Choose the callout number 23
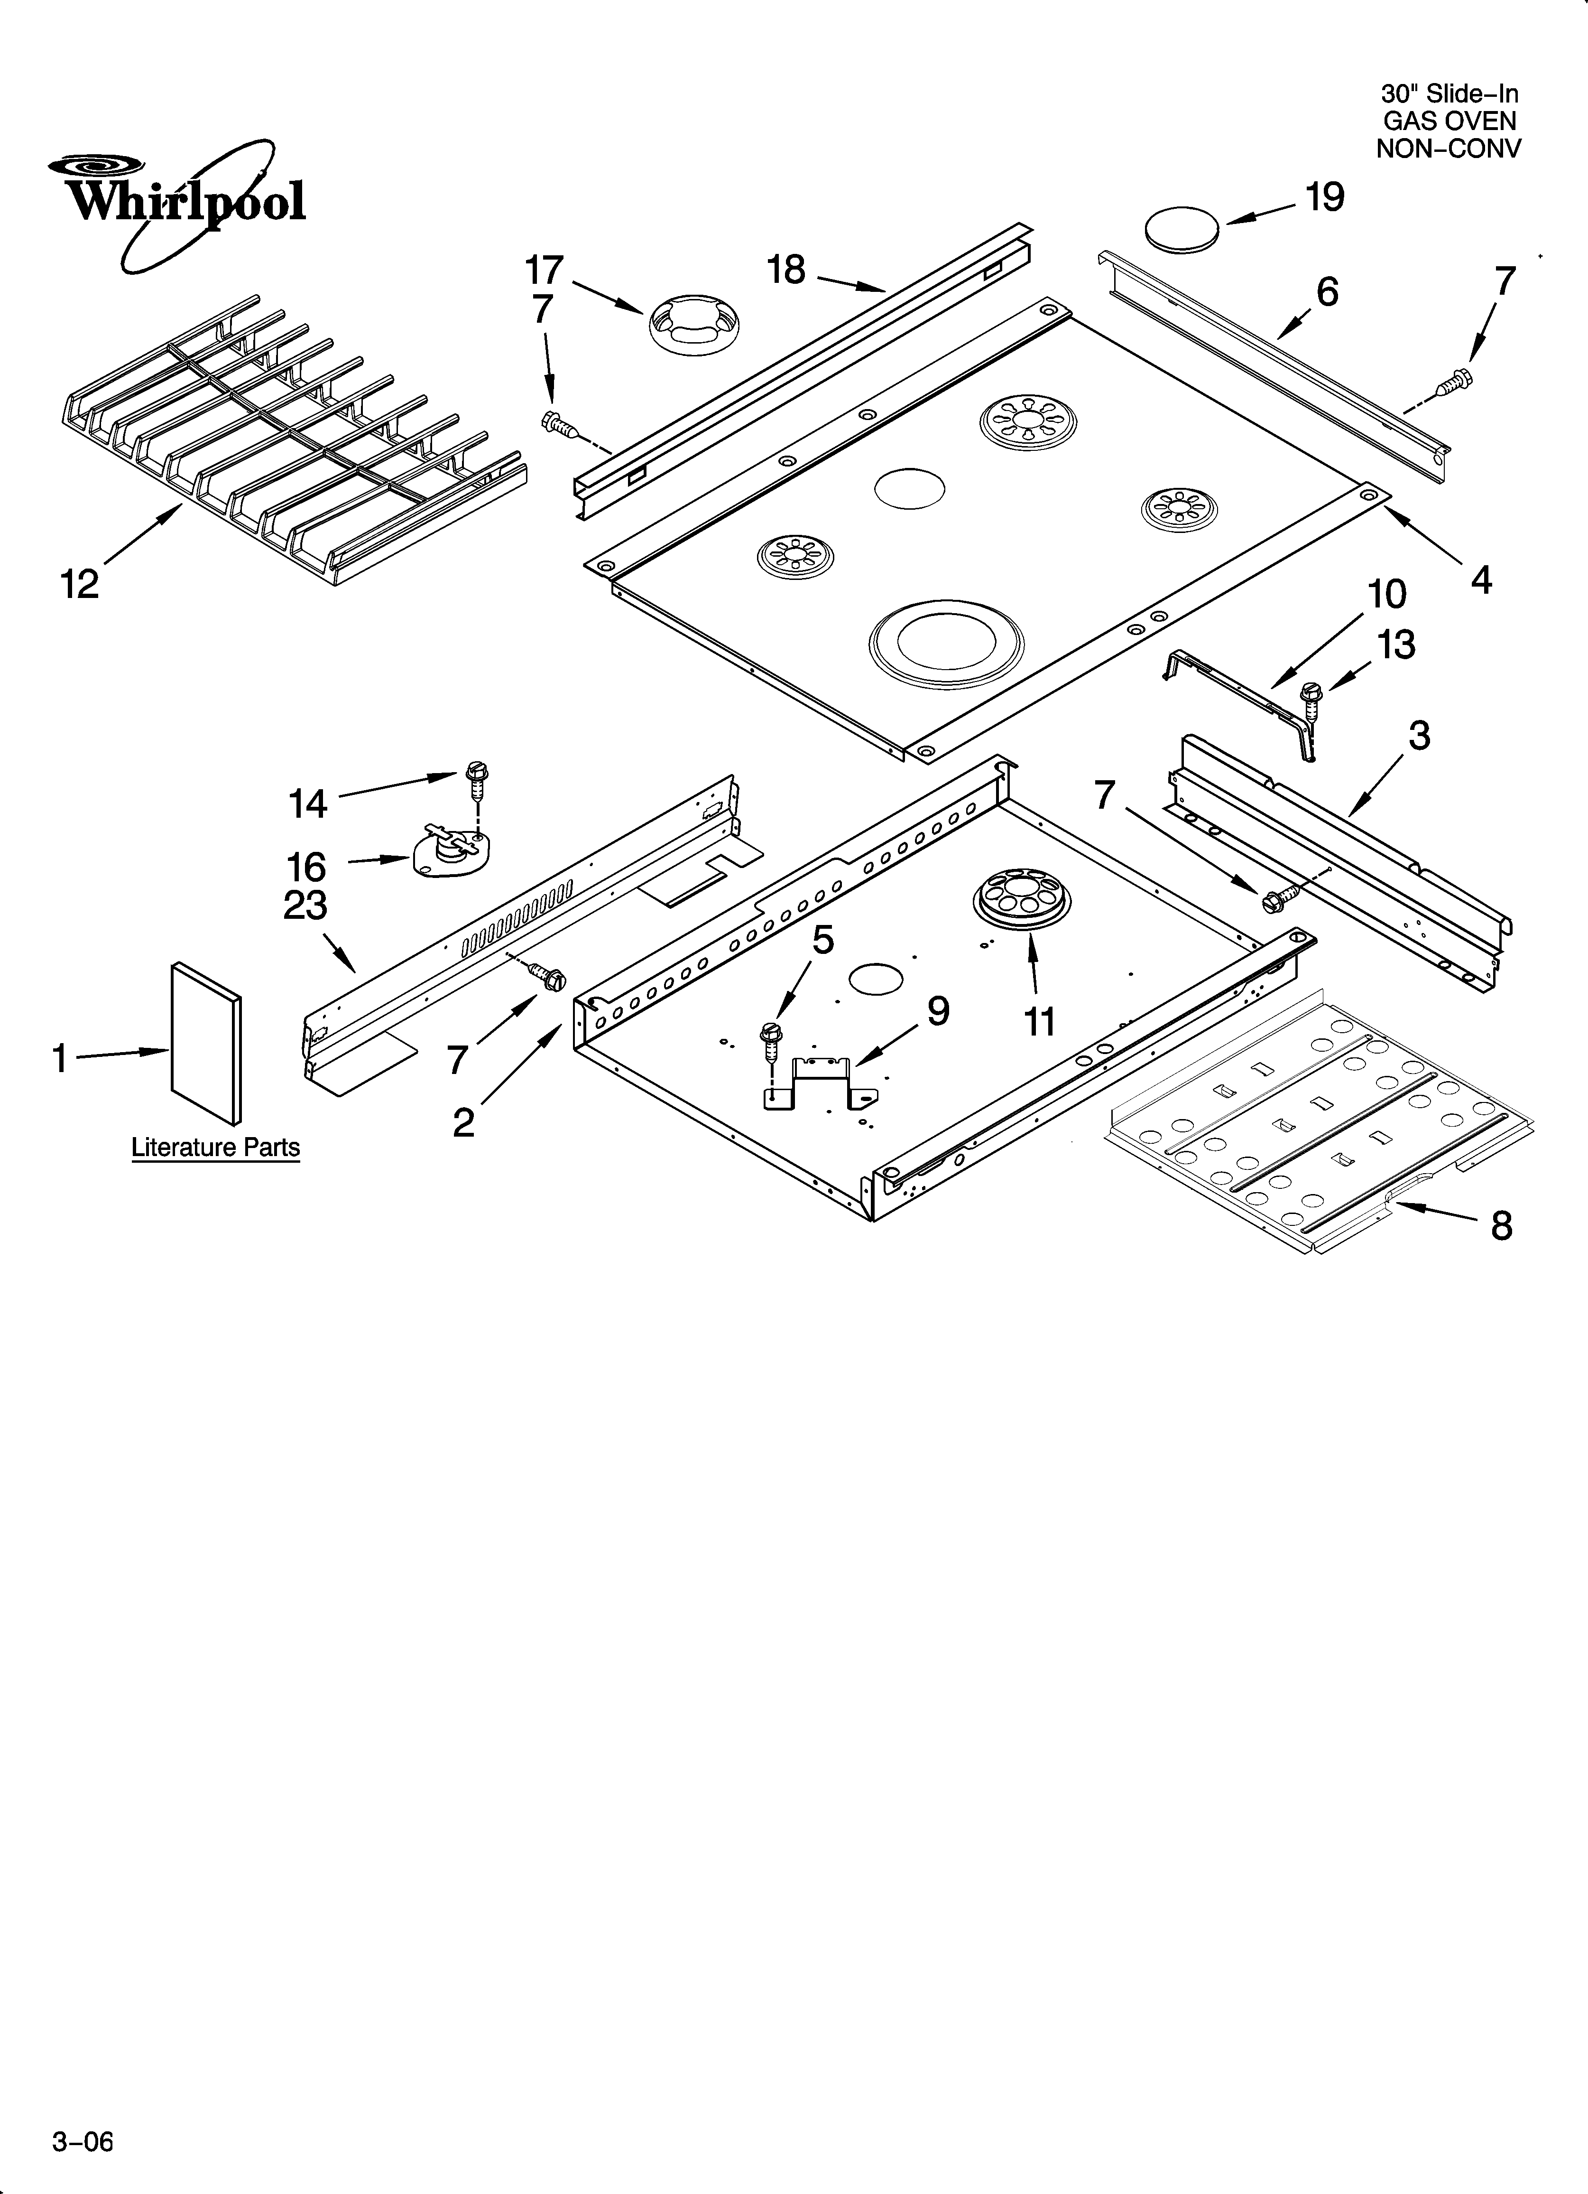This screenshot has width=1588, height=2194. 305,906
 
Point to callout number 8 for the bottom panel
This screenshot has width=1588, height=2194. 1501,1226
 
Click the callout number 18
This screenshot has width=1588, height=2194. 786,270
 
